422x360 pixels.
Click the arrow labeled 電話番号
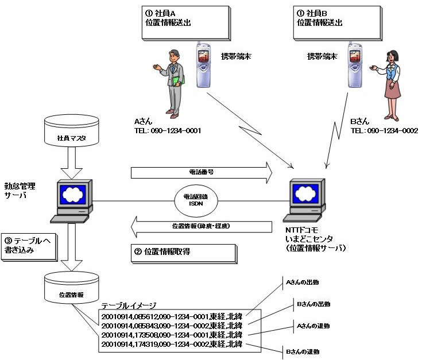coord(201,171)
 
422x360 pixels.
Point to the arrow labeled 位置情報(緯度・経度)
coord(201,226)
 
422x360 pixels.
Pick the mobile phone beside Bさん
coord(354,64)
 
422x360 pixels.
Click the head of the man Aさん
coord(173,56)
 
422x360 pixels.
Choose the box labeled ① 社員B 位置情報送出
coord(337,22)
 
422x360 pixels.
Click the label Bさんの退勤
coord(304,351)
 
